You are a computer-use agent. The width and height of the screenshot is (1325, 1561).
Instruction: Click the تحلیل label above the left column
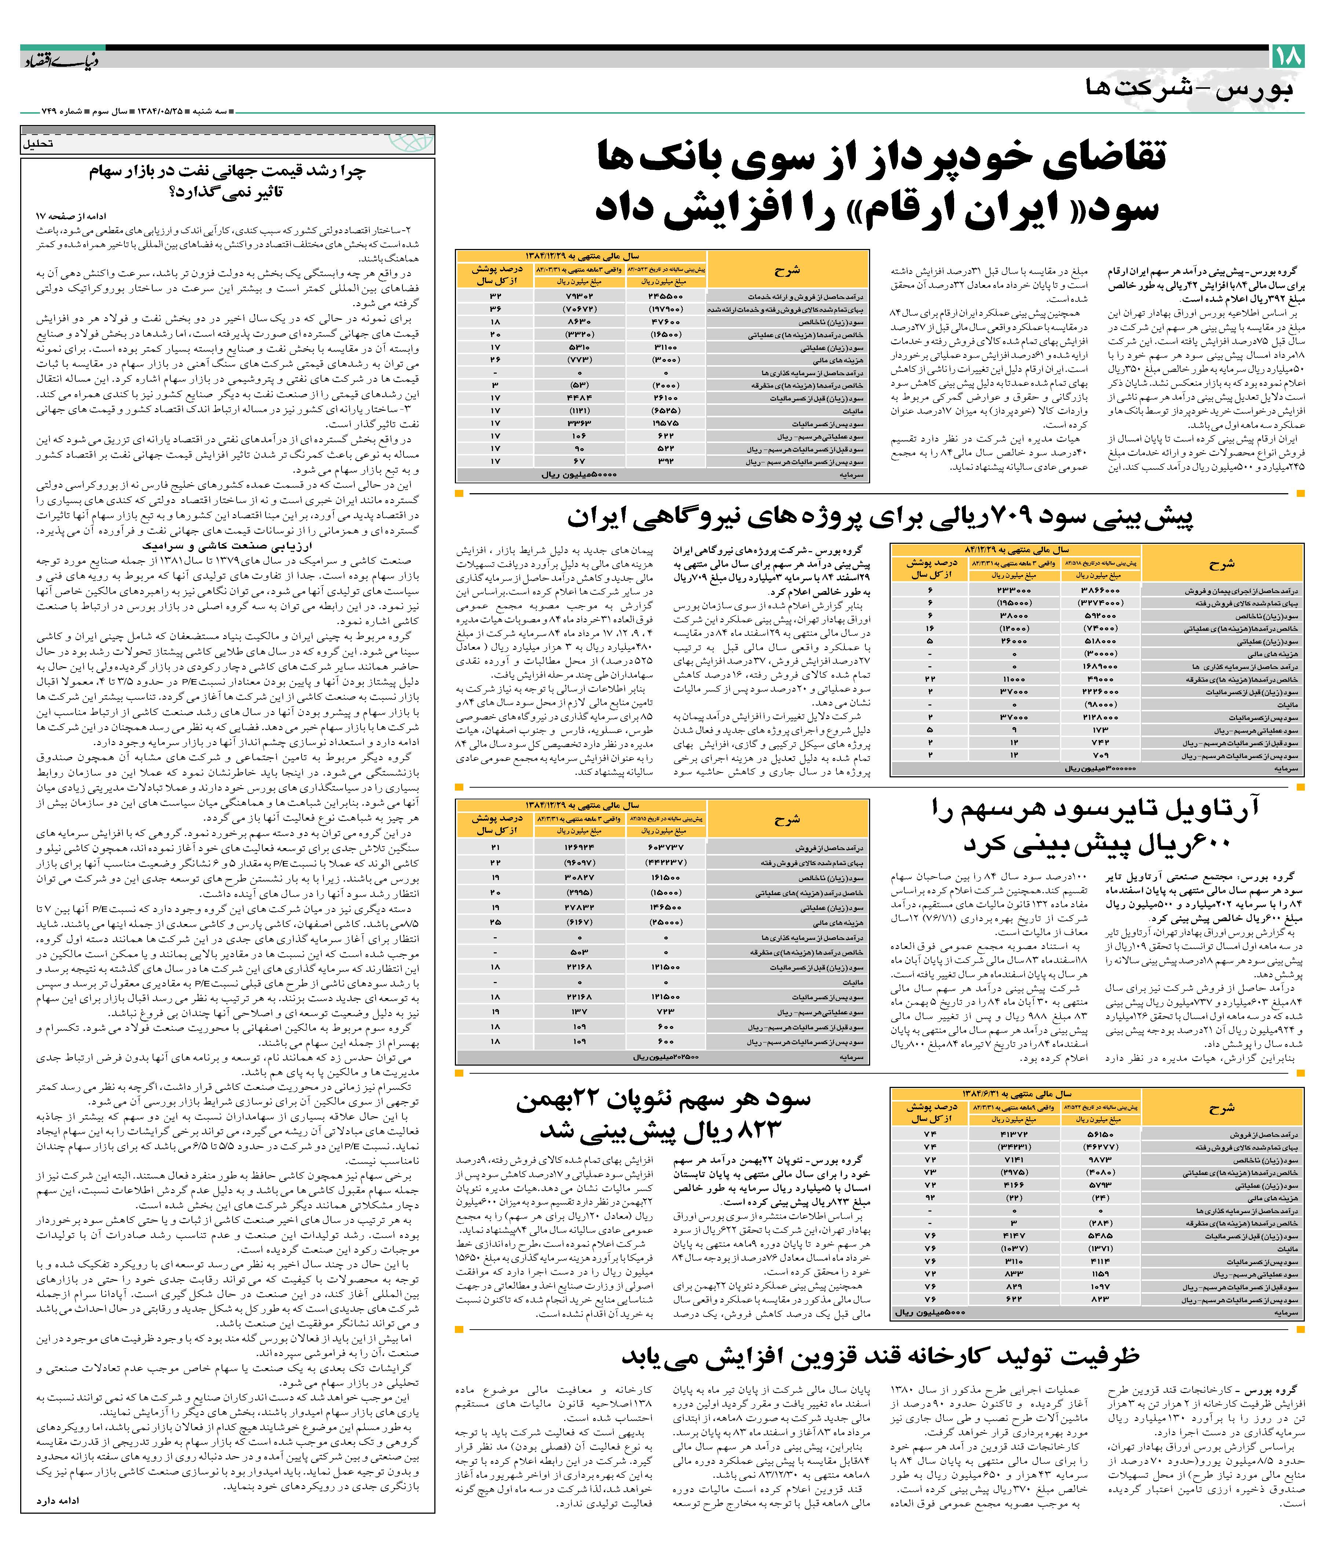click(38, 143)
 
